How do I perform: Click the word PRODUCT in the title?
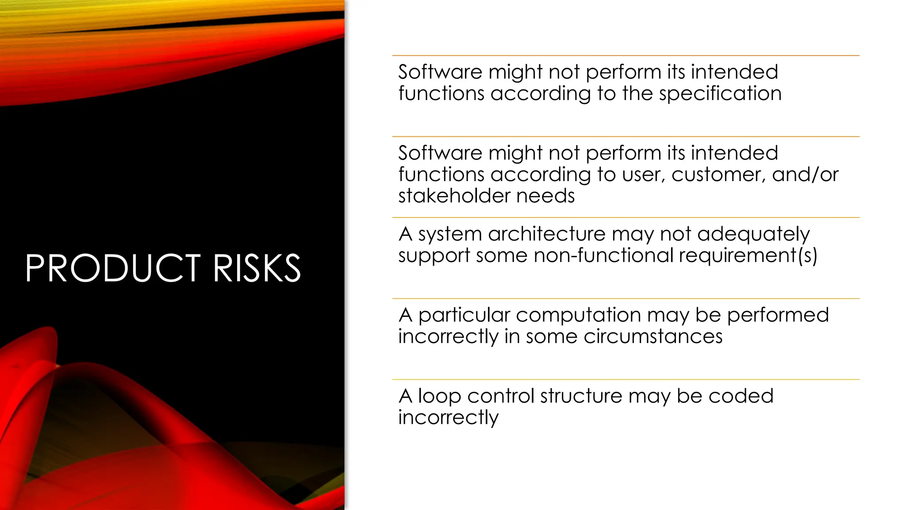[x=113, y=268]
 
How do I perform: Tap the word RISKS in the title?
[x=257, y=268]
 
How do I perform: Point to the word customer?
[x=718, y=174]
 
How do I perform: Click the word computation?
[x=578, y=315]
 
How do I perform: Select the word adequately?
[x=753, y=235]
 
